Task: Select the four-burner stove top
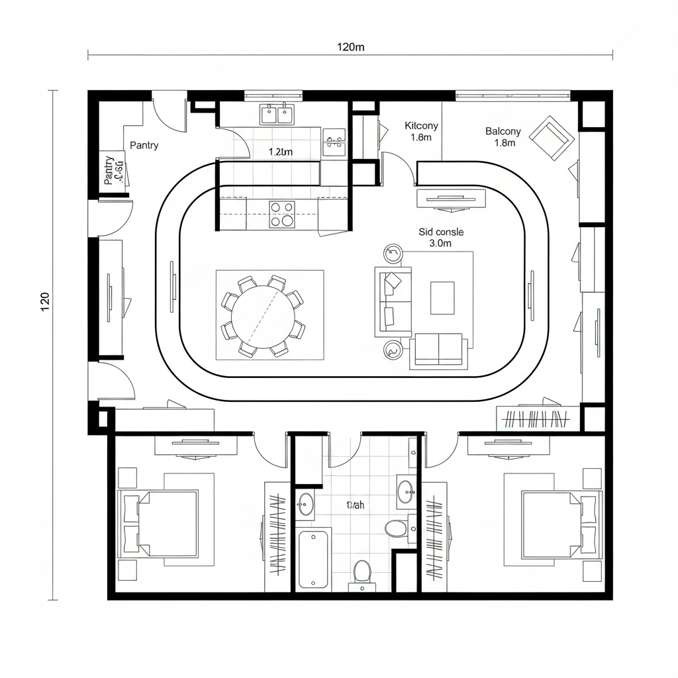pyautogui.click(x=282, y=215)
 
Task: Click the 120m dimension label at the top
pyautogui.click(x=350, y=47)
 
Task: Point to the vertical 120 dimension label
pyautogui.click(x=45, y=301)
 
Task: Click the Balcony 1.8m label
pyautogui.click(x=503, y=136)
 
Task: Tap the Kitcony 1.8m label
pyautogui.click(x=421, y=131)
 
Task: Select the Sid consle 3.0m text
pyautogui.click(x=441, y=237)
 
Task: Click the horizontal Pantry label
pyautogui.click(x=144, y=145)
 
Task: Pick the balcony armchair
pyautogui.click(x=552, y=138)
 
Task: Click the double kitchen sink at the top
pyautogui.click(x=277, y=114)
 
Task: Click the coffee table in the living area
pyautogui.click(x=442, y=298)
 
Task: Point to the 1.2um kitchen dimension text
pyautogui.click(x=280, y=152)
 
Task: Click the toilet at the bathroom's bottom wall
pyautogui.click(x=362, y=573)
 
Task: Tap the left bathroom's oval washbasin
pyautogui.click(x=305, y=503)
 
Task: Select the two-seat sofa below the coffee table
pyautogui.click(x=438, y=350)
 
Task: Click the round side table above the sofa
pyautogui.click(x=393, y=253)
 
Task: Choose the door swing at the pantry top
pyautogui.click(x=167, y=113)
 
